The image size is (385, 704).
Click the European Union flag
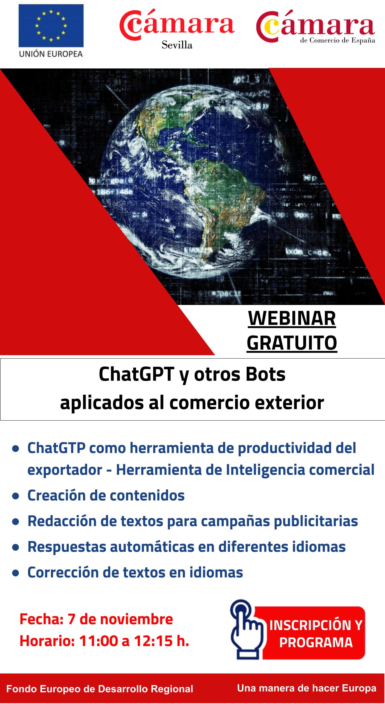(x=51, y=26)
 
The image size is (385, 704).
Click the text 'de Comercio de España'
(x=338, y=40)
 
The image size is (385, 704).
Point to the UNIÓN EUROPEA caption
(x=51, y=54)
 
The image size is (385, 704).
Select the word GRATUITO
(x=292, y=343)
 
